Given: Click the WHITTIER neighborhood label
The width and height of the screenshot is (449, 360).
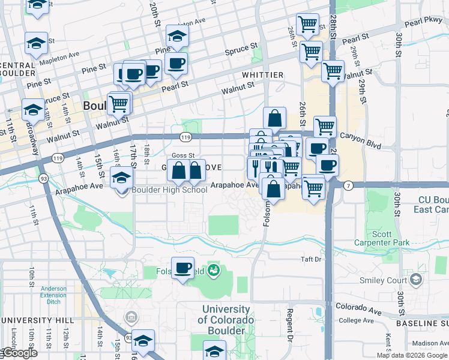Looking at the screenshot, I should pyautogui.click(x=262, y=74).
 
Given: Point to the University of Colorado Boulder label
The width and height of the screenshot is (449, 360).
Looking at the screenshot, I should pyautogui.click(x=226, y=320).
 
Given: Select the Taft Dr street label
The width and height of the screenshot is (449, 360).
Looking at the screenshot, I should pyautogui.click(x=311, y=260).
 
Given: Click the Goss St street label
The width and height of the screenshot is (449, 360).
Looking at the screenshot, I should pyautogui.click(x=183, y=155).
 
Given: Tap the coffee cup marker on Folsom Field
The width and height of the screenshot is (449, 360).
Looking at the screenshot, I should pyautogui.click(x=182, y=268).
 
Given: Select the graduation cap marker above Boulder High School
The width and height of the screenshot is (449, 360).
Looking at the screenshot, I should pyautogui.click(x=121, y=178).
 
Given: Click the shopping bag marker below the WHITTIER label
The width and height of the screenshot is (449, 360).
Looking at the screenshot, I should pyautogui.click(x=274, y=118).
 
